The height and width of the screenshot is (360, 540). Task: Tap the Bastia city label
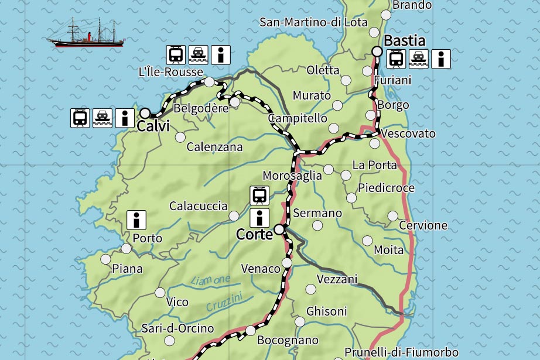point(404,41)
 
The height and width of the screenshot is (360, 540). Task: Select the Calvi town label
point(153,126)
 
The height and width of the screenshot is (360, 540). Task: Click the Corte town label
point(254,234)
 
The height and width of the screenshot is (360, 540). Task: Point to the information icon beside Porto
point(136,220)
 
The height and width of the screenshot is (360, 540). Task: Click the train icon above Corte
point(259,195)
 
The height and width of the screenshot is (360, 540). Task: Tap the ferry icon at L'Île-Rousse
point(197,54)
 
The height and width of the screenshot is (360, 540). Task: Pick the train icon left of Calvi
point(80,118)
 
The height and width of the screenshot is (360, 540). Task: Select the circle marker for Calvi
point(145,113)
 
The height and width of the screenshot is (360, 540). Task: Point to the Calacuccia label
point(198,206)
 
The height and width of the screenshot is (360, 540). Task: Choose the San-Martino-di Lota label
point(313,22)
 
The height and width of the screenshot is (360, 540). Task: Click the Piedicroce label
point(386,188)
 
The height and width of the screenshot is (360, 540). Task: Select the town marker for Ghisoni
point(300,321)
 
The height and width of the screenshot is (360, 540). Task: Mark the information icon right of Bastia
point(440,59)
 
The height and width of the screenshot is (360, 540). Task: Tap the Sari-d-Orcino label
point(177,328)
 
